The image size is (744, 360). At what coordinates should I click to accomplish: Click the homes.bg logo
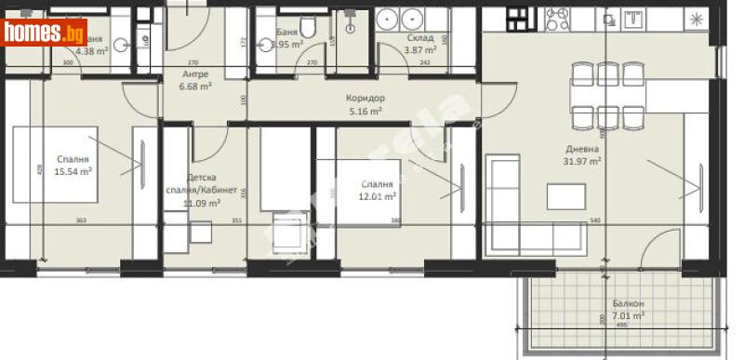(x=45, y=33)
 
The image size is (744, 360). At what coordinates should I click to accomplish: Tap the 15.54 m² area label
(x=73, y=171)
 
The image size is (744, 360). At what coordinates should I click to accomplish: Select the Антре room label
(x=195, y=73)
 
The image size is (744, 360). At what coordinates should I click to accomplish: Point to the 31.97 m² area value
(x=583, y=160)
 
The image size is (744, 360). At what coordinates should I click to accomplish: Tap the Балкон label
(x=628, y=304)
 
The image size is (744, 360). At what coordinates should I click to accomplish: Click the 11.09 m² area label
(x=201, y=203)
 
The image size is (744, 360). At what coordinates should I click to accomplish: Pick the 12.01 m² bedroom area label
(x=379, y=196)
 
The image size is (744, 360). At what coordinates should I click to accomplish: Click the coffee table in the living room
(x=566, y=196)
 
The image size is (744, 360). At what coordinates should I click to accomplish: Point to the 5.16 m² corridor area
(x=366, y=110)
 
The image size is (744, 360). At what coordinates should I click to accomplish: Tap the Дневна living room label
(x=583, y=148)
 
